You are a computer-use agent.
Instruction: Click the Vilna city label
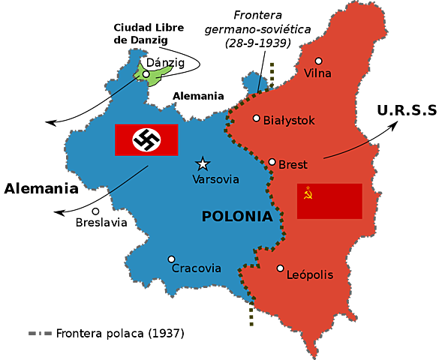[x=317, y=73]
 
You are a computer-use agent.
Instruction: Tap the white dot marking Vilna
[x=318, y=61]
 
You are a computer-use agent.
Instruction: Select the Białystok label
[x=289, y=120]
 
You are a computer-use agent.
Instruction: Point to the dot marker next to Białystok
[x=257, y=118]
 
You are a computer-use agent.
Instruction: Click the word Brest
[x=293, y=165]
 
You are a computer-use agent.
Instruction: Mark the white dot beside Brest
[x=272, y=162]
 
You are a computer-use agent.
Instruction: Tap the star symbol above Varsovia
[x=202, y=163]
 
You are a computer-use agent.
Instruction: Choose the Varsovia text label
[x=215, y=180]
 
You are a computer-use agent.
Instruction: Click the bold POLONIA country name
[x=237, y=217]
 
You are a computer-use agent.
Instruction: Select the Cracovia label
[x=197, y=268]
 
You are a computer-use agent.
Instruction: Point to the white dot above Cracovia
[x=171, y=259]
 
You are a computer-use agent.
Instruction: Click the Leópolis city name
[x=310, y=275]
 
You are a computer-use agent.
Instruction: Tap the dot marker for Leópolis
[x=280, y=268]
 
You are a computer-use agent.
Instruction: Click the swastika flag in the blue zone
[x=146, y=139]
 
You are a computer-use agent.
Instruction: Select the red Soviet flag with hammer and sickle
[x=329, y=201]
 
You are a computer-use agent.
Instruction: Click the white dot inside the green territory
[x=146, y=74]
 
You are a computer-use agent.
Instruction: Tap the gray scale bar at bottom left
[x=39, y=333]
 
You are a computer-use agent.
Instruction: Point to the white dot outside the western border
[x=95, y=211]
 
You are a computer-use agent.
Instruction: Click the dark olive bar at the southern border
[x=251, y=316]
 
